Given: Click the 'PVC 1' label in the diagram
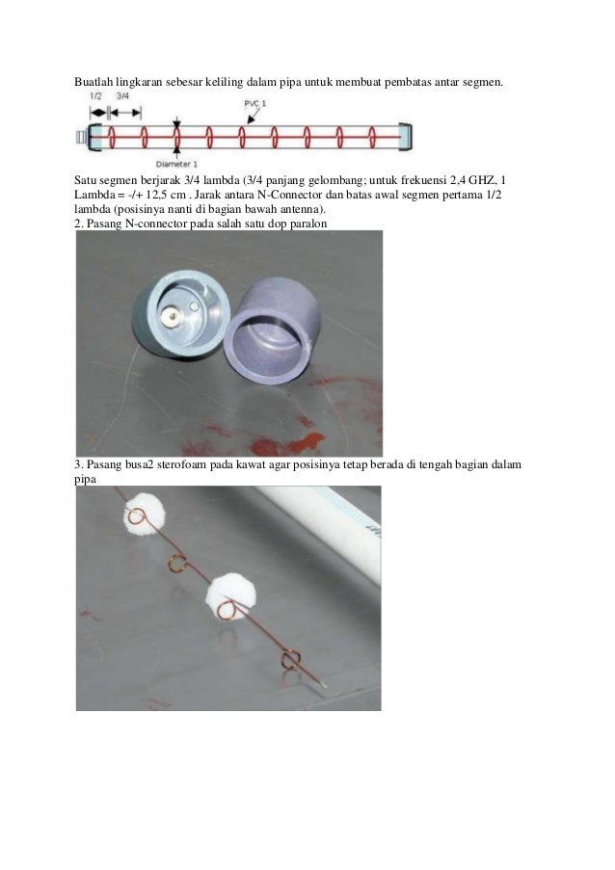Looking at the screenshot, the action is (255, 104).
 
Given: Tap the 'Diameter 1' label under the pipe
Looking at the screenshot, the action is (176, 164).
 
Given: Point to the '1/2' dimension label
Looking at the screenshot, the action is (95, 96).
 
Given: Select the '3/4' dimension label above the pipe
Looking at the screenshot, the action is (122, 96).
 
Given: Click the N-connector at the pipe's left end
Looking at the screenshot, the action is (81, 137).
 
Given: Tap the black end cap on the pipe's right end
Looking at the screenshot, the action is (407, 137).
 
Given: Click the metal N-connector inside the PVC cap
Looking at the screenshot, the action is (171, 317).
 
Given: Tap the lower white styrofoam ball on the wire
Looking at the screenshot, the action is (231, 598).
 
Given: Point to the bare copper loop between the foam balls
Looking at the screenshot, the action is (177, 563).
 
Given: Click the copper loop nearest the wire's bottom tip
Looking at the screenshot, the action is (290, 659).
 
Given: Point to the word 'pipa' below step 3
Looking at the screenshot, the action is (85, 480).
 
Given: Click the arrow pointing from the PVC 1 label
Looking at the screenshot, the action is (252, 116).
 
